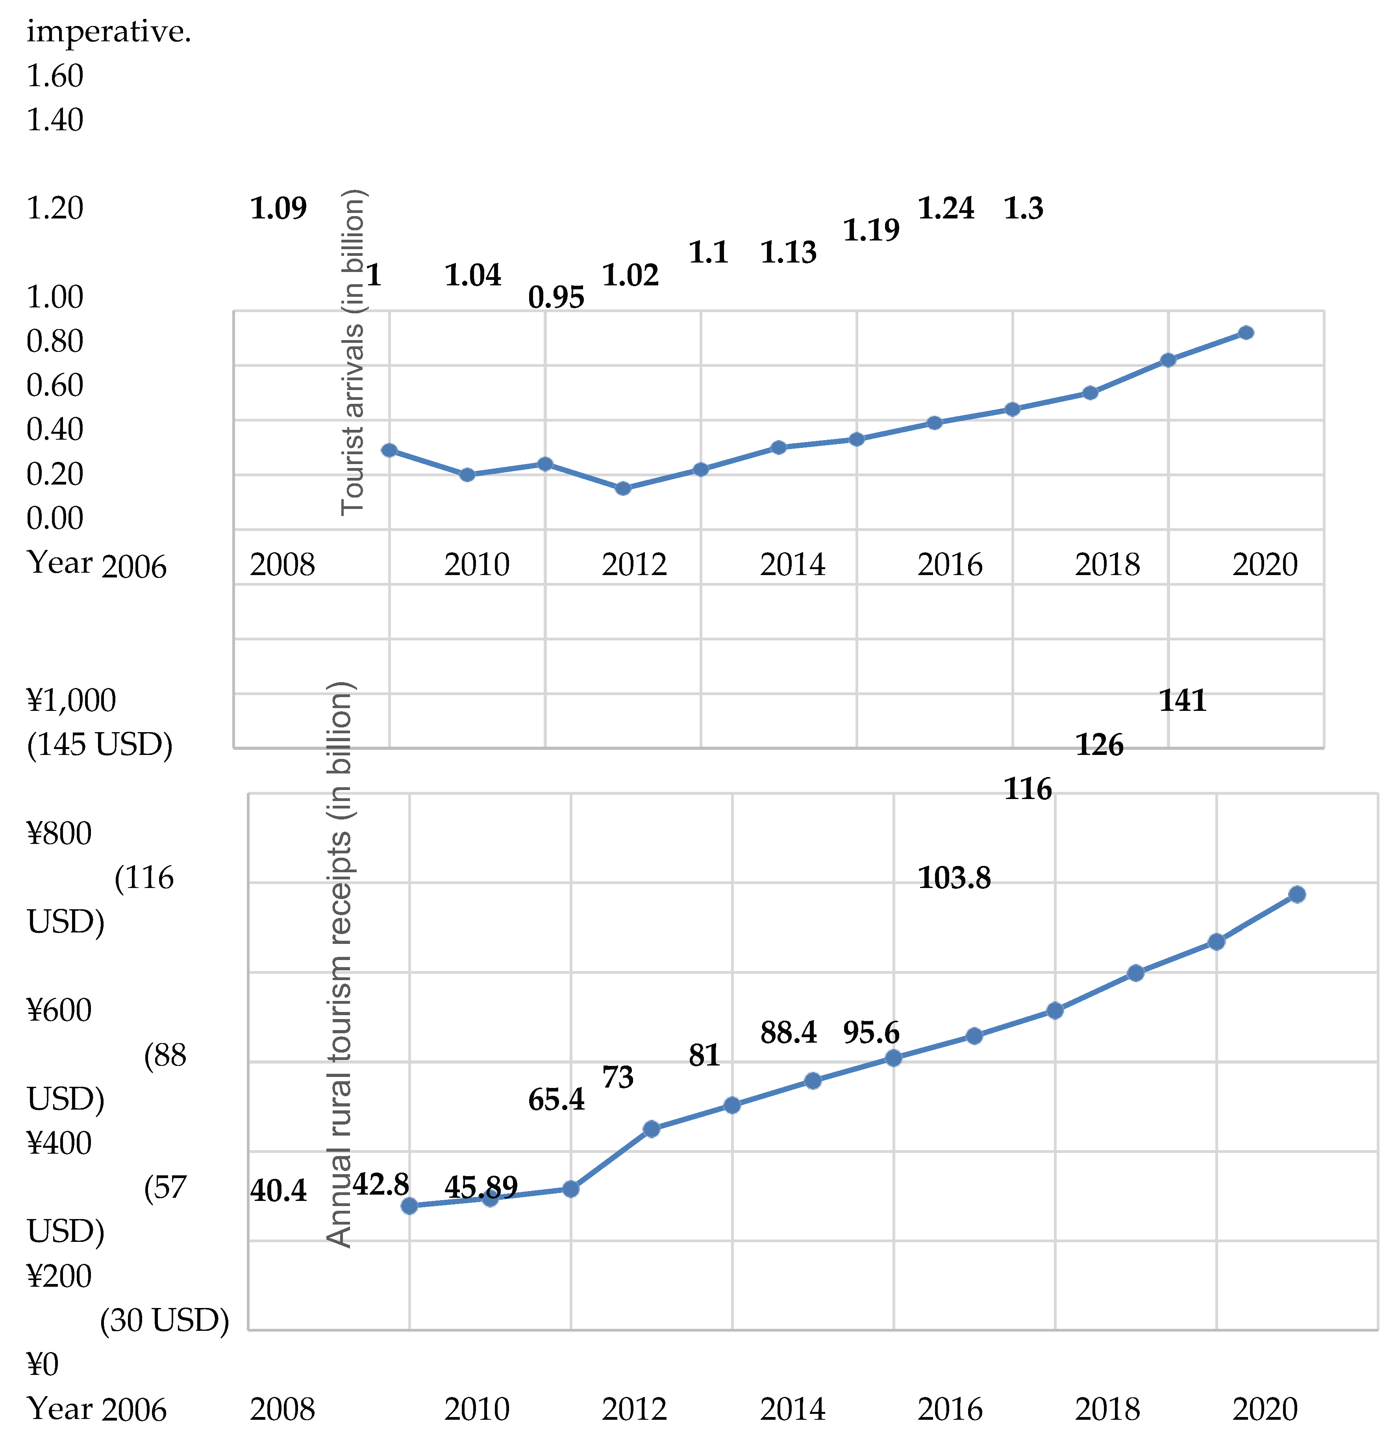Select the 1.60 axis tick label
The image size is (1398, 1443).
[x=55, y=76]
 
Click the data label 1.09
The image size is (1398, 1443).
[x=278, y=208]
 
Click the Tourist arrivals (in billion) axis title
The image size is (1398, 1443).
[x=354, y=352]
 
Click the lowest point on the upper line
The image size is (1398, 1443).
[x=623, y=488]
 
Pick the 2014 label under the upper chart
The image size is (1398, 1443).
[x=792, y=565]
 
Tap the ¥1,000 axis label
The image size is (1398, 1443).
[x=71, y=700]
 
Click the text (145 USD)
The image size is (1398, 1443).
[x=99, y=745]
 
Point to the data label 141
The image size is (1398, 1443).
[x=1182, y=700]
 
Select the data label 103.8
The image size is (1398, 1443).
[x=954, y=878]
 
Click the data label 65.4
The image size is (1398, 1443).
[x=556, y=1100]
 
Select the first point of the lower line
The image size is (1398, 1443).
[x=409, y=1206]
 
